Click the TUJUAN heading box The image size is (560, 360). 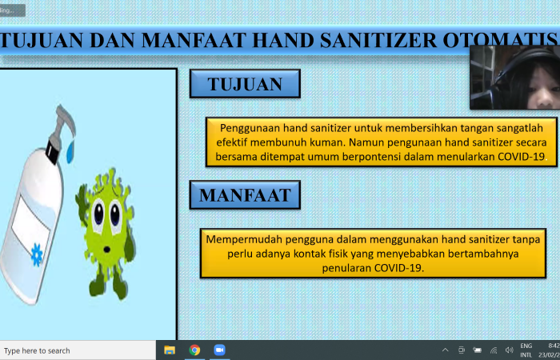[x=245, y=84]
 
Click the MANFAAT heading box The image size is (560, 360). [x=245, y=194]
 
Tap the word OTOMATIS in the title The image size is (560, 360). [x=511, y=38]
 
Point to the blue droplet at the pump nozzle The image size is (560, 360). [x=70, y=147]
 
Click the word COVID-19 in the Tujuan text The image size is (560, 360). [x=521, y=156]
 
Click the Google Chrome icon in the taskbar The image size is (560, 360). [x=194, y=350]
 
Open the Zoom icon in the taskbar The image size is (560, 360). [x=219, y=350]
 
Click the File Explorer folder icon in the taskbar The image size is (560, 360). [x=170, y=350]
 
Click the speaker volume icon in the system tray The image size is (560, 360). [x=509, y=350]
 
